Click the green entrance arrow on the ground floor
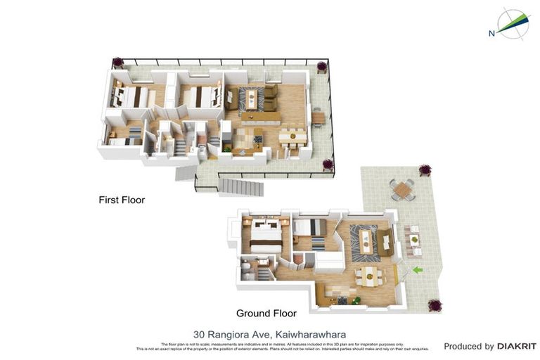(x=417, y=269)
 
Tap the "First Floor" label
(x=122, y=200)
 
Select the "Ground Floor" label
(x=266, y=314)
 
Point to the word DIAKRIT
(x=517, y=346)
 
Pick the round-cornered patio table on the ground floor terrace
(x=402, y=189)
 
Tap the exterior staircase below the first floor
(x=241, y=186)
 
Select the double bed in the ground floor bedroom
(x=266, y=236)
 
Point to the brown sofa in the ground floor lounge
(x=385, y=241)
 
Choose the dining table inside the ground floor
(x=368, y=276)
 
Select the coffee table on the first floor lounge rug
(x=251, y=98)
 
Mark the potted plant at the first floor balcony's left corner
(x=117, y=63)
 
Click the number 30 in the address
(x=199, y=335)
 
